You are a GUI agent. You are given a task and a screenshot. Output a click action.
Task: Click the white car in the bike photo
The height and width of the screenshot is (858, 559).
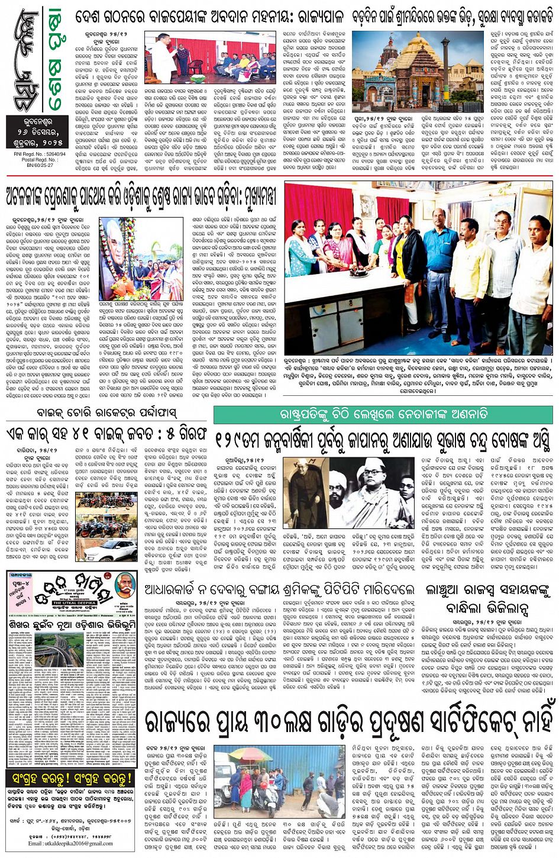[x=116, y=548]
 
